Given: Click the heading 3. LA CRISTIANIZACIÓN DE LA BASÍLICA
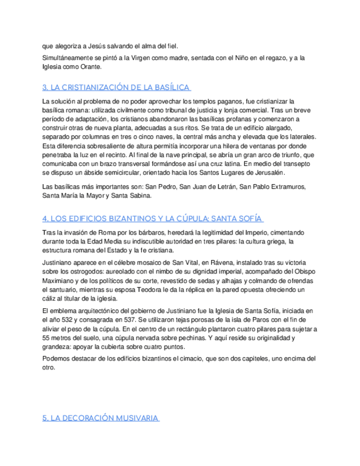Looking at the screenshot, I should click(116, 87).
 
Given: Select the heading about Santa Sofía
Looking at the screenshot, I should click(152, 218).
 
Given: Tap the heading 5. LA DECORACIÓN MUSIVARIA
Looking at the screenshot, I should click(101, 418).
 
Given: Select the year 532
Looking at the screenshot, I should click(66, 319).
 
